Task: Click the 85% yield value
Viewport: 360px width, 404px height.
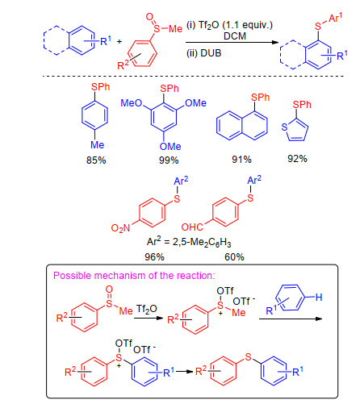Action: pyautogui.click(x=96, y=160)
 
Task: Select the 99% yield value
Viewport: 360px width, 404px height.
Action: pyautogui.click(x=169, y=160)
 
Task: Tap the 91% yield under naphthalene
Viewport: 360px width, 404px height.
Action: pyautogui.click(x=241, y=160)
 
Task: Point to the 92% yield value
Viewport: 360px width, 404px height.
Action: pyautogui.click(x=297, y=159)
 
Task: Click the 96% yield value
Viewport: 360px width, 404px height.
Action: pyautogui.click(x=154, y=257)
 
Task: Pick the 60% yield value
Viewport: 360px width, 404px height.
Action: pyautogui.click(x=234, y=257)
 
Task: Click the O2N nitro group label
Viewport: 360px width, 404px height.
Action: pyautogui.click(x=120, y=228)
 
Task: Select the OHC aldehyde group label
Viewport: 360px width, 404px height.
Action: pyautogui.click(x=192, y=227)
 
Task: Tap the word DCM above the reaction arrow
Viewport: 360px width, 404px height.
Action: pyautogui.click(x=235, y=36)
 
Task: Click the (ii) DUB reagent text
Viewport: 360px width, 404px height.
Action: pyautogui.click(x=203, y=53)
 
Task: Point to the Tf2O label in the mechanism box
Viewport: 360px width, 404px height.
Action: pyautogui.click(x=146, y=309)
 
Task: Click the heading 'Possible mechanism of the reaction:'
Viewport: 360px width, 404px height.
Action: pyautogui.click(x=134, y=276)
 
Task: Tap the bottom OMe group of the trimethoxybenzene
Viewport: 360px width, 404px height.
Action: pyautogui.click(x=170, y=147)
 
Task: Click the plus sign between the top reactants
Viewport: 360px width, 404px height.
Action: pyautogui.click(x=119, y=41)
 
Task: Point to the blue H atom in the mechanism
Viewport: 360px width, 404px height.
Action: pyautogui.click(x=319, y=298)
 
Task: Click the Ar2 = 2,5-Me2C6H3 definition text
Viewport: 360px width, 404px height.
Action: pyautogui.click(x=189, y=242)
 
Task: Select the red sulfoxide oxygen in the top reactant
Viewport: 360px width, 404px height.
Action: pyautogui.click(x=149, y=17)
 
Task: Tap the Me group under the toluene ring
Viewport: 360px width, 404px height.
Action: pyautogui.click(x=97, y=145)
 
